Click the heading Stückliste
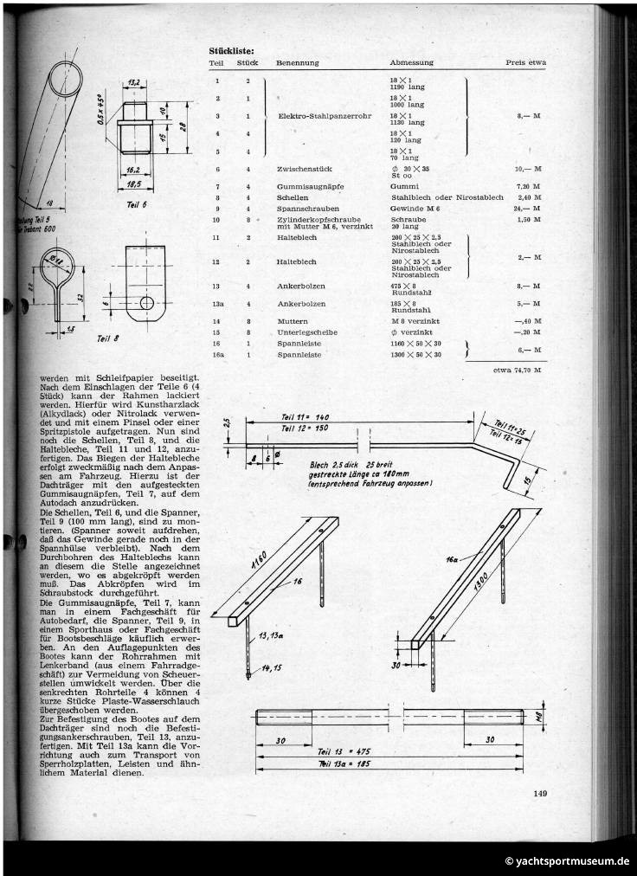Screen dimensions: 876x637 [232, 50]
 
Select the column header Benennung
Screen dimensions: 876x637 [298, 63]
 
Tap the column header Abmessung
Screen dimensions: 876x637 [411, 63]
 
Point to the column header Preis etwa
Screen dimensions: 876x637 [525, 63]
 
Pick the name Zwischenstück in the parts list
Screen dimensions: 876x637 [302, 170]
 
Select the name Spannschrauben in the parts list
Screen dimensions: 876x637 [303, 209]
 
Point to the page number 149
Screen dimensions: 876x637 [540, 792]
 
